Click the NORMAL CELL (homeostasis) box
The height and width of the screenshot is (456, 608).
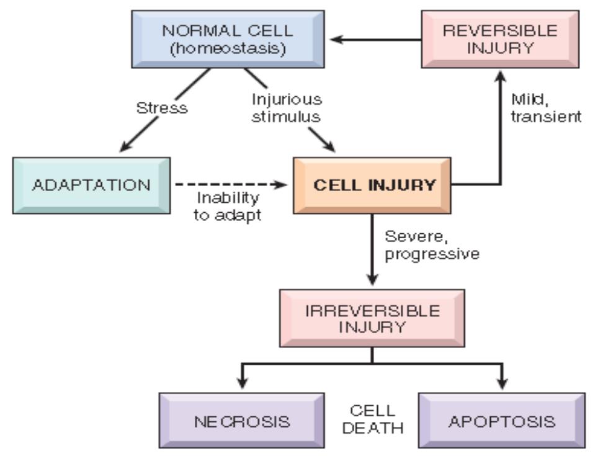(228, 39)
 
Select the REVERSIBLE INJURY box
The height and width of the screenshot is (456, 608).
(500, 39)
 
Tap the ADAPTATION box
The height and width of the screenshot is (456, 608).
(92, 186)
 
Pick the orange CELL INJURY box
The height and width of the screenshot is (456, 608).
(372, 186)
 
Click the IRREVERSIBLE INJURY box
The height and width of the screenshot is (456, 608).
(372, 318)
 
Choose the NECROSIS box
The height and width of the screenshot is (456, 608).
(241, 421)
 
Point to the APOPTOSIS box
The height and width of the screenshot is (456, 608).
(502, 421)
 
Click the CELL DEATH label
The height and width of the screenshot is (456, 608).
(373, 419)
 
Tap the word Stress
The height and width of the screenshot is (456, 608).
(162, 108)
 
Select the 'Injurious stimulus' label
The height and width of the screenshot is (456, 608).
(287, 108)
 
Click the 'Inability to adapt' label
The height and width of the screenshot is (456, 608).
(228, 207)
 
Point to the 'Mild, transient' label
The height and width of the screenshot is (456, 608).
(546, 108)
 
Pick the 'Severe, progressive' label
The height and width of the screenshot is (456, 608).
(432, 246)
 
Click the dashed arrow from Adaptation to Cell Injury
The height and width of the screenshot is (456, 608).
(231, 185)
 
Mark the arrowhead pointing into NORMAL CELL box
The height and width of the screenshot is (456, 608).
(336, 39)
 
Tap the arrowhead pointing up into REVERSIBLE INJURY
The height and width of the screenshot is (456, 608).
(501, 76)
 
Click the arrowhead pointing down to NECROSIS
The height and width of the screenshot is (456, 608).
(243, 383)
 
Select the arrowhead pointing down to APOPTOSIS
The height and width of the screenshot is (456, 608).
(502, 383)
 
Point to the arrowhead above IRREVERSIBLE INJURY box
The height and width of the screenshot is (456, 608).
(372, 279)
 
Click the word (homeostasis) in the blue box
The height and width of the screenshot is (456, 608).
(228, 48)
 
